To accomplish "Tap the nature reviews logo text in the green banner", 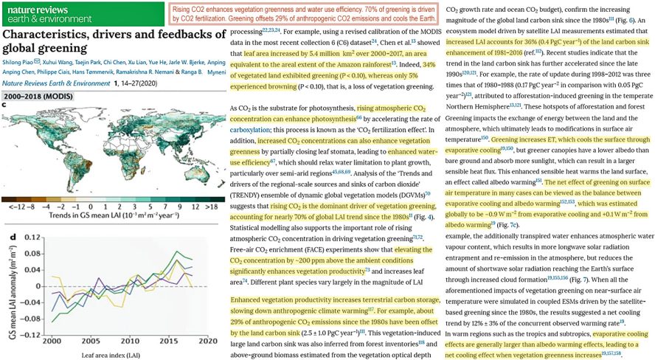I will coord(32,6).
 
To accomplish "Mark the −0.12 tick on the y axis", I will coord(32,335).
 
